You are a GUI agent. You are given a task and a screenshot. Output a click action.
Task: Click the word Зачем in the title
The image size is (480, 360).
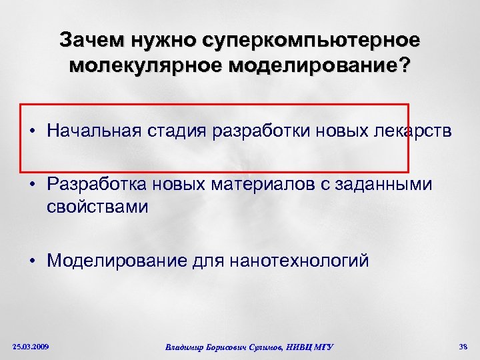pos(91,41)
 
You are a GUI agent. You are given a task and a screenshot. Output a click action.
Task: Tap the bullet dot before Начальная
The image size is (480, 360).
pos(32,132)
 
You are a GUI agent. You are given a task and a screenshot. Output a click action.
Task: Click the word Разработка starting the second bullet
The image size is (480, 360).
pos(97,183)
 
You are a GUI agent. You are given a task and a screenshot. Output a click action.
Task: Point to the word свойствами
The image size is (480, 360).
pos(97,207)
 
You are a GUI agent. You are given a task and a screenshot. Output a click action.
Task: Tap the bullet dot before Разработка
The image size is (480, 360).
pos(32,184)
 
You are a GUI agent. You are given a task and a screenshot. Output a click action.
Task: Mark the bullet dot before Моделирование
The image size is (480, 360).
pos(32,261)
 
